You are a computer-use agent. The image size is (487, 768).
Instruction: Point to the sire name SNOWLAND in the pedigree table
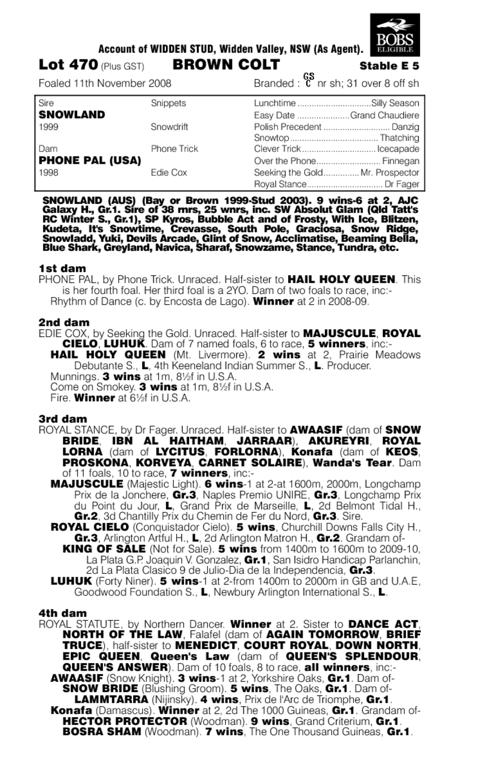point(71,114)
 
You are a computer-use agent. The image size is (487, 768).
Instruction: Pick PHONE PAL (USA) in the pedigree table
point(89,160)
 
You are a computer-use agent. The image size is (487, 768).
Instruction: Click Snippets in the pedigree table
point(168,103)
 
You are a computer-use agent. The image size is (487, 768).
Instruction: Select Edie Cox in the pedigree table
point(169,172)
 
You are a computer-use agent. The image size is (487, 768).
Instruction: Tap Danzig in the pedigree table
point(406,126)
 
